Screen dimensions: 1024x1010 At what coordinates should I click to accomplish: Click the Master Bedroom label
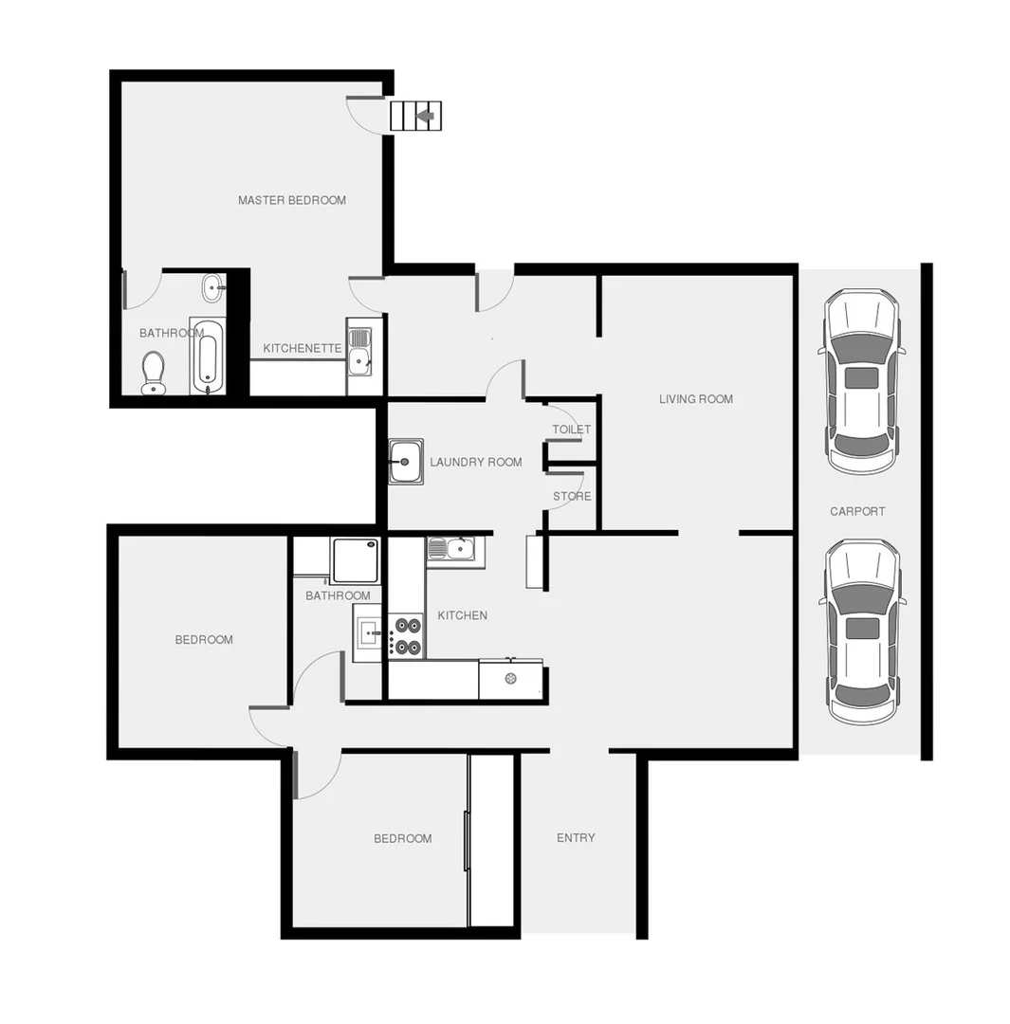click(x=292, y=200)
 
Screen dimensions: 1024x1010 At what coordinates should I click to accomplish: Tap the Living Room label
click(x=696, y=399)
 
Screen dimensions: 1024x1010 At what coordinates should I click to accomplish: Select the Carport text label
click(x=857, y=511)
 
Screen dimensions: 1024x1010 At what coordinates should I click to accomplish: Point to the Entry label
click(x=576, y=837)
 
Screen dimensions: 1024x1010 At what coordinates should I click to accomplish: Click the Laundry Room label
click(x=476, y=463)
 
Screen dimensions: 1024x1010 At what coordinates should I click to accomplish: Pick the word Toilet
click(x=572, y=430)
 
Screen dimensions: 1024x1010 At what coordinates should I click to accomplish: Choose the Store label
click(x=572, y=496)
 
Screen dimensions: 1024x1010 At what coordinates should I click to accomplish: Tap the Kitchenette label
click(x=303, y=348)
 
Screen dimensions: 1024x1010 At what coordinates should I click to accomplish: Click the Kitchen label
click(x=463, y=615)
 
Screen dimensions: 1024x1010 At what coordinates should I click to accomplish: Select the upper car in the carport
click(x=861, y=381)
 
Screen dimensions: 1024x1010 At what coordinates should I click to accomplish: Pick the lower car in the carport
click(x=862, y=631)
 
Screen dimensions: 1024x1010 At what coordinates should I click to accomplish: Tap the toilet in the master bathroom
click(x=154, y=373)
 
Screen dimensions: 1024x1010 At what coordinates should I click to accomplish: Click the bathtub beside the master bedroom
click(x=208, y=357)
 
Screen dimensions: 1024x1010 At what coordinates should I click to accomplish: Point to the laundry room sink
click(x=406, y=462)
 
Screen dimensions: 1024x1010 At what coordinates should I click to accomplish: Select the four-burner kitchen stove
click(x=409, y=636)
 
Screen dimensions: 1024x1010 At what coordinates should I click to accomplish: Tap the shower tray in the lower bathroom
click(x=356, y=559)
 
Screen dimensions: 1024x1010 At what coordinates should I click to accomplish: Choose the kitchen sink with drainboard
click(x=455, y=549)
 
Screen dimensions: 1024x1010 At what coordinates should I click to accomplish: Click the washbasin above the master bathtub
click(x=213, y=286)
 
